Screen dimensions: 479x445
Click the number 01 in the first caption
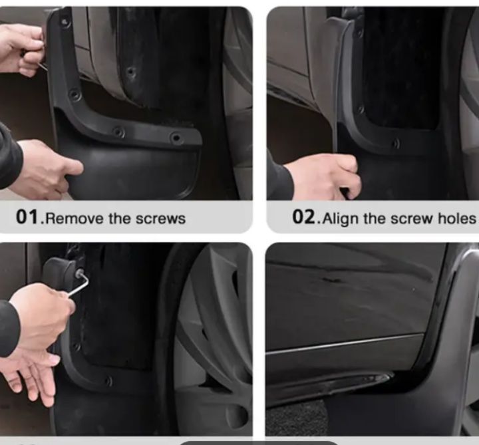tap(28, 217)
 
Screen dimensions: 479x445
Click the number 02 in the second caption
tap(303, 217)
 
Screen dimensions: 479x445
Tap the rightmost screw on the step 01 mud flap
tap(176, 138)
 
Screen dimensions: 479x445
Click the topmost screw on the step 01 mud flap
tap(65, 23)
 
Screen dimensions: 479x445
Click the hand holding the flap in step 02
tap(324, 175)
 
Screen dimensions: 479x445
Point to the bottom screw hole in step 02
tap(397, 143)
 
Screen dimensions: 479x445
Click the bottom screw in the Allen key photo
tap(108, 381)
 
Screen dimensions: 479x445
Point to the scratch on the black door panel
tap(331, 279)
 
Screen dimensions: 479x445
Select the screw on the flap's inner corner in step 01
tap(75, 95)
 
